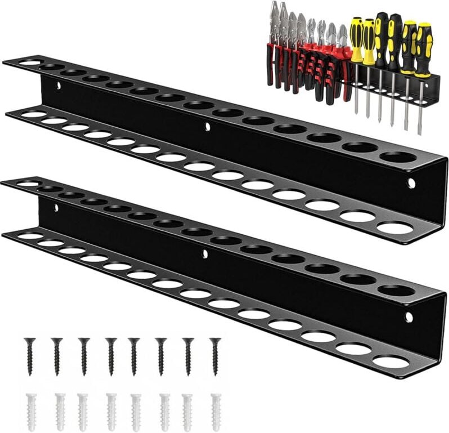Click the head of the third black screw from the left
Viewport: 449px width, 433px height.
(84, 341)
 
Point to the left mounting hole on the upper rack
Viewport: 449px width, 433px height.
(57, 86)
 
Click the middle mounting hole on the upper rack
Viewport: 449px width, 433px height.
(207, 127)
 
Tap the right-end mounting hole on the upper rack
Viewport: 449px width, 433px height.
(411, 183)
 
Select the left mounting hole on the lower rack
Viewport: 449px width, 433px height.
(56, 208)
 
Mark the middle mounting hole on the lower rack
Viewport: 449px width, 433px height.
(204, 254)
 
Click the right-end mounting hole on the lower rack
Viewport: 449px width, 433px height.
(408, 317)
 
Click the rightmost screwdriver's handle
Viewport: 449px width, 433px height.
(423, 50)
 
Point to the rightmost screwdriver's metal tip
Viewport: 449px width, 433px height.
(419, 131)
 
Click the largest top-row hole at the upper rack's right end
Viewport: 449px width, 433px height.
(399, 156)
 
